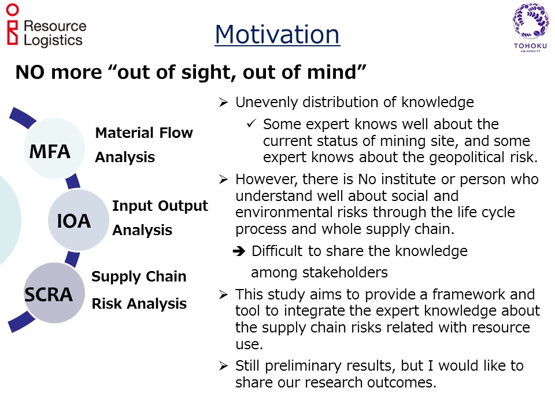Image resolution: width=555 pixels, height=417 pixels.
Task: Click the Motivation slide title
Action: tap(277, 34)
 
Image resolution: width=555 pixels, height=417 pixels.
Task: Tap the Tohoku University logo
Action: tap(530, 27)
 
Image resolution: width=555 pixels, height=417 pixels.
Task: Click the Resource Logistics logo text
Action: tap(55, 34)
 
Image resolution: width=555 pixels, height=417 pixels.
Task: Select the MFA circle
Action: tap(54, 148)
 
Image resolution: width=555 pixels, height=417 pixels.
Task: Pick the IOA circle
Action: tap(78, 220)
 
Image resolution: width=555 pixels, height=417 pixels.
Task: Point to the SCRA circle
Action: tap(54, 292)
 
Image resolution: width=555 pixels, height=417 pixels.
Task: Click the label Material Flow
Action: tap(144, 133)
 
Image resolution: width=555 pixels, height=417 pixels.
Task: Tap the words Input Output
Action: tap(160, 206)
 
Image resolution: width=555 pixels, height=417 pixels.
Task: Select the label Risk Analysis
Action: tap(139, 304)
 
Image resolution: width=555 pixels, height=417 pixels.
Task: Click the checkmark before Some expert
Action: tap(251, 123)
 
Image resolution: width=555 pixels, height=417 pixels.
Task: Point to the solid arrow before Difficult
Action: tap(239, 251)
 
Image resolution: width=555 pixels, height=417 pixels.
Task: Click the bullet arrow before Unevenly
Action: tap(223, 103)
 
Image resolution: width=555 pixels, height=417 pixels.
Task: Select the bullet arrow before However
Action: tap(223, 180)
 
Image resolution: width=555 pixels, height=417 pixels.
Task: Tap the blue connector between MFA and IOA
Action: tap(73, 181)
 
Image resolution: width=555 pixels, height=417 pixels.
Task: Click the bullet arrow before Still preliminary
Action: tap(223, 365)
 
